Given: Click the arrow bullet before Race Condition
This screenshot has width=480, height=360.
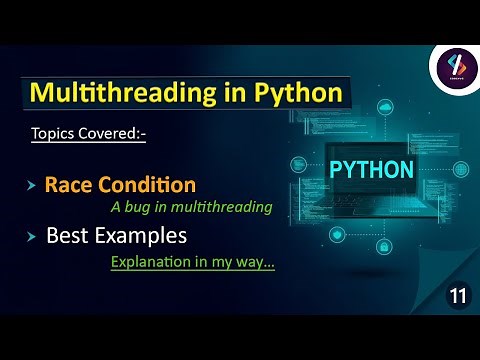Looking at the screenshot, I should pyautogui.click(x=32, y=186).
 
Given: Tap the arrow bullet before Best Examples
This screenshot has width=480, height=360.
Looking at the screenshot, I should pyautogui.click(x=32, y=238).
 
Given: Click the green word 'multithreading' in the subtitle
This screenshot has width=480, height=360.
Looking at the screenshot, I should pyautogui.click(x=223, y=208).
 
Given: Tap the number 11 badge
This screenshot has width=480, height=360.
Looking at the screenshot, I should pyautogui.click(x=457, y=296).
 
